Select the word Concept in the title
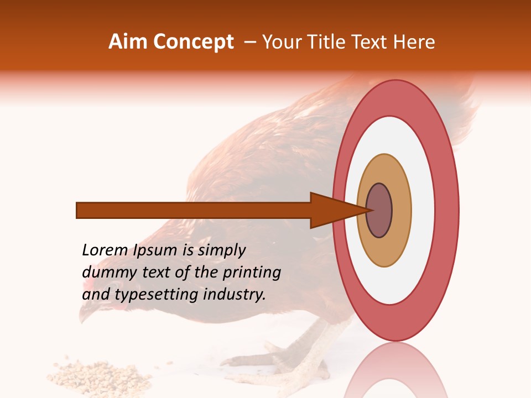[193, 42]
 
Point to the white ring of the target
[423, 210]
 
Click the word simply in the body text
[221, 250]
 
